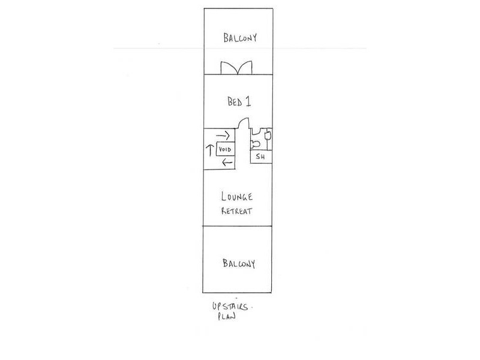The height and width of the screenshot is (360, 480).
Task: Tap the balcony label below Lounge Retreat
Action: [x=239, y=263]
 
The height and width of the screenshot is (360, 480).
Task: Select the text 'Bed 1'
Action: [x=238, y=102]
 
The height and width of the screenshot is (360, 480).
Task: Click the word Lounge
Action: [x=237, y=197]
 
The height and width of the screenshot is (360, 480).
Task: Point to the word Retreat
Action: [x=237, y=211]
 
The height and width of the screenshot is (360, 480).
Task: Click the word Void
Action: [x=224, y=149]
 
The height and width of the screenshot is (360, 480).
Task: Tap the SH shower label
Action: [x=260, y=157]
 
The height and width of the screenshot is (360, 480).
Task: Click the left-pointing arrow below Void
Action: [x=226, y=163]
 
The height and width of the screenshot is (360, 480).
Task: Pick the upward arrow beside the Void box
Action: [x=209, y=149]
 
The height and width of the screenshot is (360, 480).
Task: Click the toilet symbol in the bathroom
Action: [x=255, y=143]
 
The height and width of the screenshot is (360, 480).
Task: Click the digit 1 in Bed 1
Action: [x=248, y=102]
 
